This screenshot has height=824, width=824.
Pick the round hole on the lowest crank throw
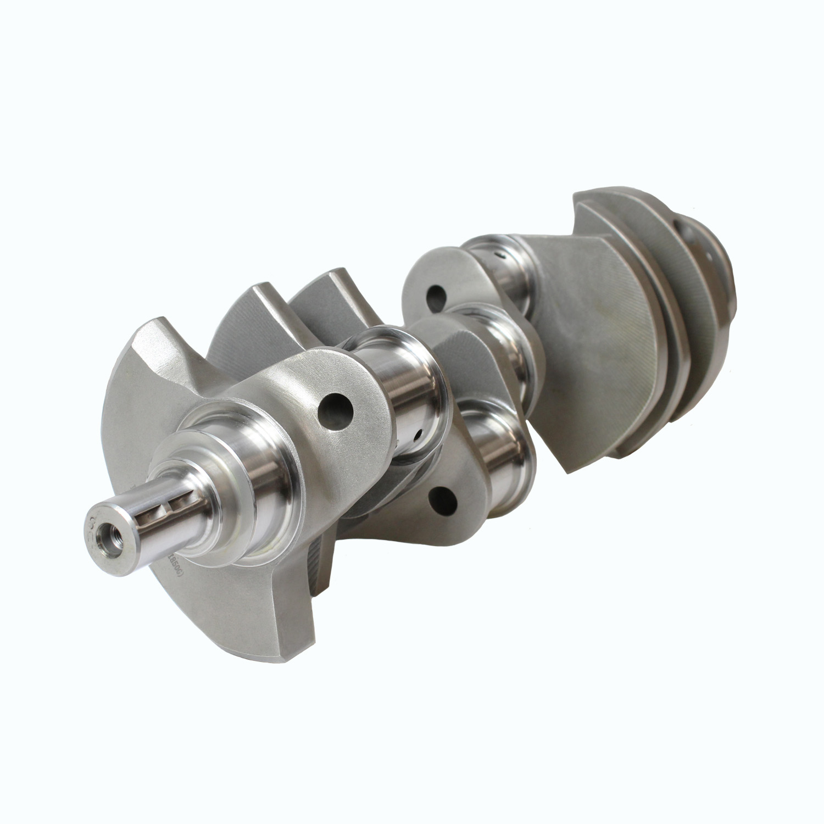(x=444, y=498)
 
